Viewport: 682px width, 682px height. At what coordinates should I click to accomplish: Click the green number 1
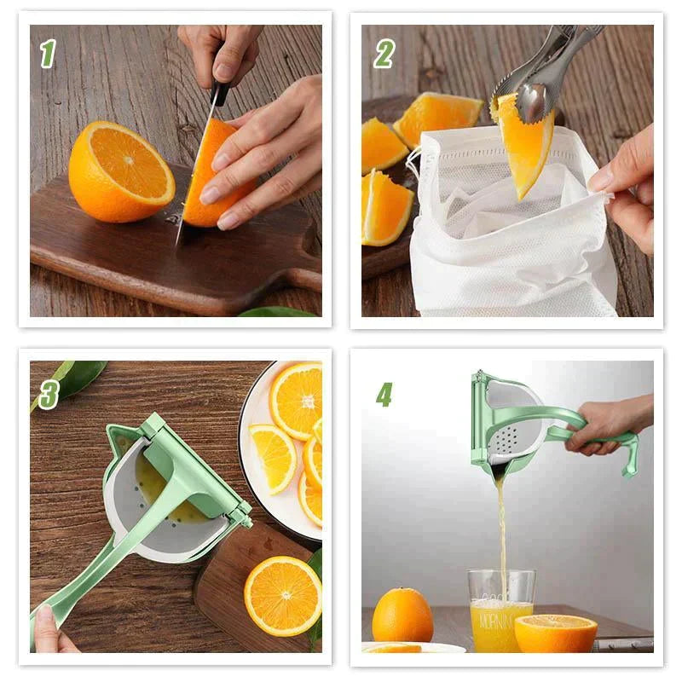pos(48,54)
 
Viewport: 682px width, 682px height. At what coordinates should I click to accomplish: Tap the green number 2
pos(384,54)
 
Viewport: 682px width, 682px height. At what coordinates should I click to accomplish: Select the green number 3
pos(48,394)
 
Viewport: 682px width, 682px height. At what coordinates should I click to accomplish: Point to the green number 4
pos(384,394)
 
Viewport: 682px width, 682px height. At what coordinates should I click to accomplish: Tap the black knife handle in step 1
pos(221,90)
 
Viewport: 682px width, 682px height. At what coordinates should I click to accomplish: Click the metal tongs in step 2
pos(546,68)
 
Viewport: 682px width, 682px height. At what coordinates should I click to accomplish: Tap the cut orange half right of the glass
pos(555,633)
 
